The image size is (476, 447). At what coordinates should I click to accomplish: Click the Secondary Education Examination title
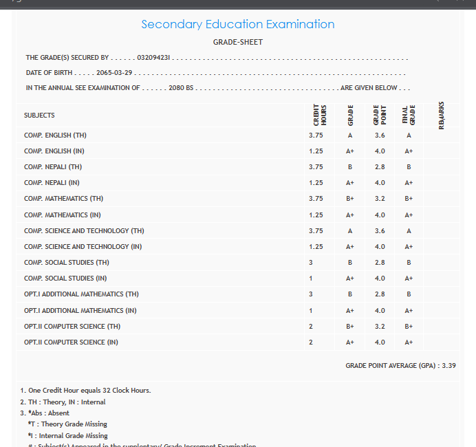[237, 25]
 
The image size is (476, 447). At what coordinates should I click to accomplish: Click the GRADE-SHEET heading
[238, 43]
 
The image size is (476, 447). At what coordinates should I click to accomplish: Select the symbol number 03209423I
[154, 58]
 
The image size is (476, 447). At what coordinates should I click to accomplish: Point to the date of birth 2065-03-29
[114, 73]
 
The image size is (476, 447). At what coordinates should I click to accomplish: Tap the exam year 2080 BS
[181, 88]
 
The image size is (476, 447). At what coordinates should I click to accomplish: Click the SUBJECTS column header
[39, 116]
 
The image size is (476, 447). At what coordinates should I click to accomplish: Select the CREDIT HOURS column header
[319, 116]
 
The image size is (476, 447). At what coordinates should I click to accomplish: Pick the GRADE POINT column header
[380, 116]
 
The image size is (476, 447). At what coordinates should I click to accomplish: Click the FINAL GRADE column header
[409, 116]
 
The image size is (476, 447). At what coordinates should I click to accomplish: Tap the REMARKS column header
[441, 116]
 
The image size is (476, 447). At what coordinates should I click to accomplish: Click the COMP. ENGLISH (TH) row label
[55, 135]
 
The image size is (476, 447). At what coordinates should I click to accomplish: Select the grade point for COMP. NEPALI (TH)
[380, 167]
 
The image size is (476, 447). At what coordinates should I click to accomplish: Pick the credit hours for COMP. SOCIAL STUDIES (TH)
[311, 263]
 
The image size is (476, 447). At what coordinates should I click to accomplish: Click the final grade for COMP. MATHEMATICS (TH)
[409, 199]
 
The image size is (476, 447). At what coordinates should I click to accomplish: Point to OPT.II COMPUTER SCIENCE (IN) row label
[71, 342]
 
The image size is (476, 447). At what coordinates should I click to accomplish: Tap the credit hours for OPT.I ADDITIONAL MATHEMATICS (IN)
[311, 311]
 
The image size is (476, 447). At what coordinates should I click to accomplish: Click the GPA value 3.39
[448, 366]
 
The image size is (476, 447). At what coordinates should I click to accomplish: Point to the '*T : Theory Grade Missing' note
[67, 424]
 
